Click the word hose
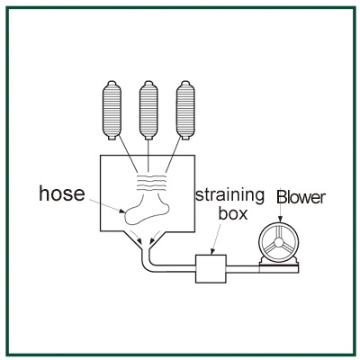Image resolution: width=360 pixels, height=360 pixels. click(62, 193)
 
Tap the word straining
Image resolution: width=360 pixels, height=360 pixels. click(230, 196)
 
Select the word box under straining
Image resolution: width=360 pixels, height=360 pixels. click(233, 213)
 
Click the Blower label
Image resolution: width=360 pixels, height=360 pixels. click(301, 197)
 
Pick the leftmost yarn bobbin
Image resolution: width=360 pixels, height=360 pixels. click(112, 110)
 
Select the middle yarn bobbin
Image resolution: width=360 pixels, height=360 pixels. click(148, 110)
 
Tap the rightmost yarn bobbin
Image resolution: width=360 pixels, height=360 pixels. click(185, 110)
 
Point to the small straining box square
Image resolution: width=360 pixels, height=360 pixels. click(211, 269)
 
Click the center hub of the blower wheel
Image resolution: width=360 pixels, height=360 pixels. click(279, 242)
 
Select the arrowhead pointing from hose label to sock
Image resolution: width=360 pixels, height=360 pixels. click(122, 211)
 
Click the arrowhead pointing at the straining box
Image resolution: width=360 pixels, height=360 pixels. click(212, 252)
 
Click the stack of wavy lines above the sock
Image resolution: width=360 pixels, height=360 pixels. click(151, 182)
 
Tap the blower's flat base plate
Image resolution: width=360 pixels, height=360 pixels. click(279, 269)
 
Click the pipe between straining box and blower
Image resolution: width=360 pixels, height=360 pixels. click(243, 269)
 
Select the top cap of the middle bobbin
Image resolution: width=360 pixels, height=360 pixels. click(148, 83)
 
